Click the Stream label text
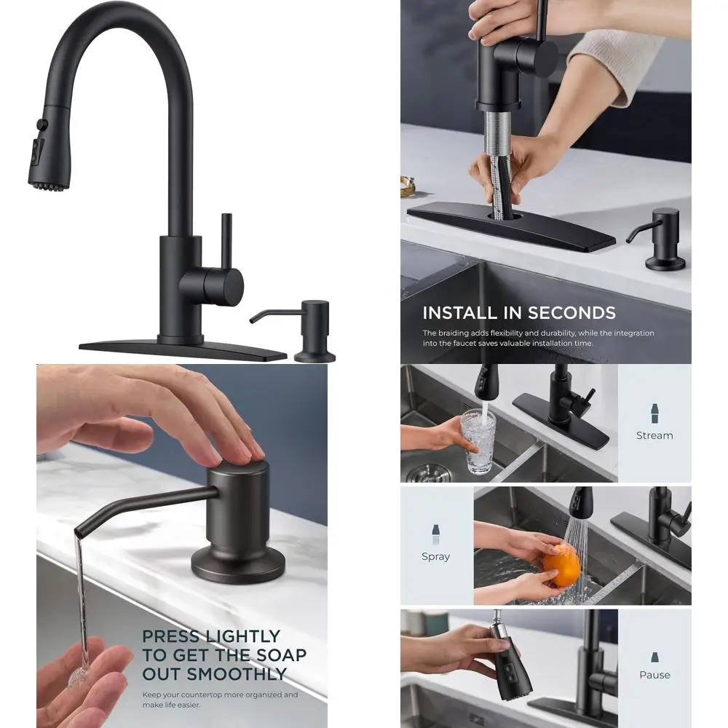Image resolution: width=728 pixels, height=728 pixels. pos(654,435)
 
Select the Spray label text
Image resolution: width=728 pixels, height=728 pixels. pos(435,556)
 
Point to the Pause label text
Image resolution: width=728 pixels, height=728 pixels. pos(654,675)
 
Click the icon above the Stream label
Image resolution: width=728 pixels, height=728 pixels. pos(654,413)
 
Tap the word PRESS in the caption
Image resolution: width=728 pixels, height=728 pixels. pos(170,636)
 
